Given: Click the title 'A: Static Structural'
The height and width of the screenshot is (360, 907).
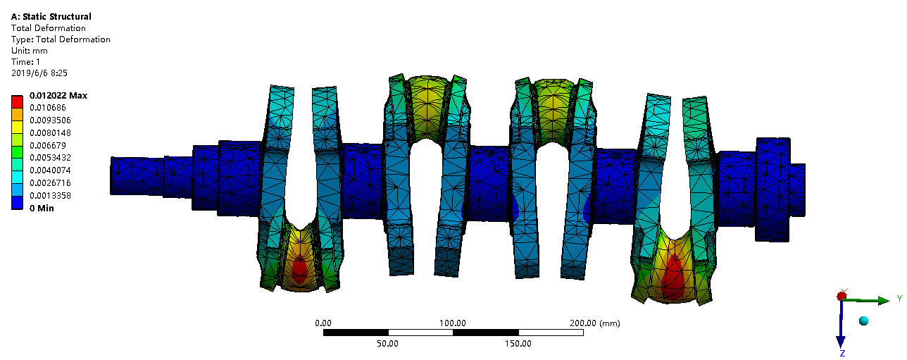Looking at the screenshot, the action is [x=51, y=17].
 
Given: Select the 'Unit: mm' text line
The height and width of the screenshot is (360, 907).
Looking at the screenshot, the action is [x=29, y=51].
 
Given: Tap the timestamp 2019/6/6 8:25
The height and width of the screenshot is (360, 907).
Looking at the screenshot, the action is [x=39, y=73].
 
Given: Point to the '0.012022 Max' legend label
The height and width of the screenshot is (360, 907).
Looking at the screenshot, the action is [x=58, y=96].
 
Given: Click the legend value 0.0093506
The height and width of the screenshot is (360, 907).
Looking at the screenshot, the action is [x=50, y=120].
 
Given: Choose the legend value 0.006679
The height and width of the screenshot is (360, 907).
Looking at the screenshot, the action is [x=48, y=145].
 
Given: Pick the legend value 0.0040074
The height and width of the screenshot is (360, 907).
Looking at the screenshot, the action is [x=50, y=170].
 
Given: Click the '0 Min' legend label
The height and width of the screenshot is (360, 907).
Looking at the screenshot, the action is [x=42, y=208].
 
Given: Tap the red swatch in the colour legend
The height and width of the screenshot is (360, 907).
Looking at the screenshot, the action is [x=17, y=101].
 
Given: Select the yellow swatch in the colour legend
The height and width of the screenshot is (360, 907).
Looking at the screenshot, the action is [x=17, y=127].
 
